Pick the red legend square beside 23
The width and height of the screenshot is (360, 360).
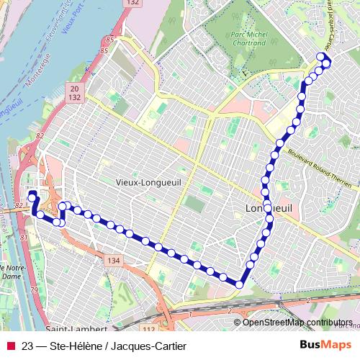[x=9, y=346]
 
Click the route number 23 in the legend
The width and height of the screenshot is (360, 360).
[x=28, y=346]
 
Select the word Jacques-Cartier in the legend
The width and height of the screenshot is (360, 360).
[x=148, y=346]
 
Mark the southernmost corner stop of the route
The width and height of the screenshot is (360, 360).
[x=238, y=284]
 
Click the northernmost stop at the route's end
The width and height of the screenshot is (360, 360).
[x=321, y=57]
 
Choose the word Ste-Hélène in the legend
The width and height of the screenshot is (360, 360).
[x=76, y=346]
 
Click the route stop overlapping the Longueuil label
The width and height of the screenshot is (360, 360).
[x=268, y=208]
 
